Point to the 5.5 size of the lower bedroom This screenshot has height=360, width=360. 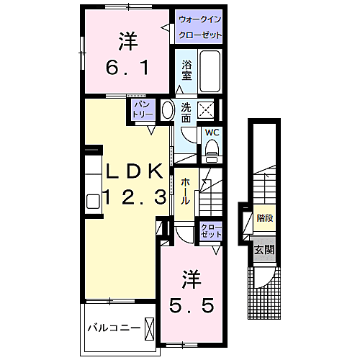coord(192,306)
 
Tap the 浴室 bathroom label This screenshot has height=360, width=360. coord(186,70)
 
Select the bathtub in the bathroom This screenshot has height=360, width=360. coord(209,72)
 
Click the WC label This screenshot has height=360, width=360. coord(212,132)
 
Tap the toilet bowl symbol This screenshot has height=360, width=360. coord(212,148)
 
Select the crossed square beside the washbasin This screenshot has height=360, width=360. coord(207,110)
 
